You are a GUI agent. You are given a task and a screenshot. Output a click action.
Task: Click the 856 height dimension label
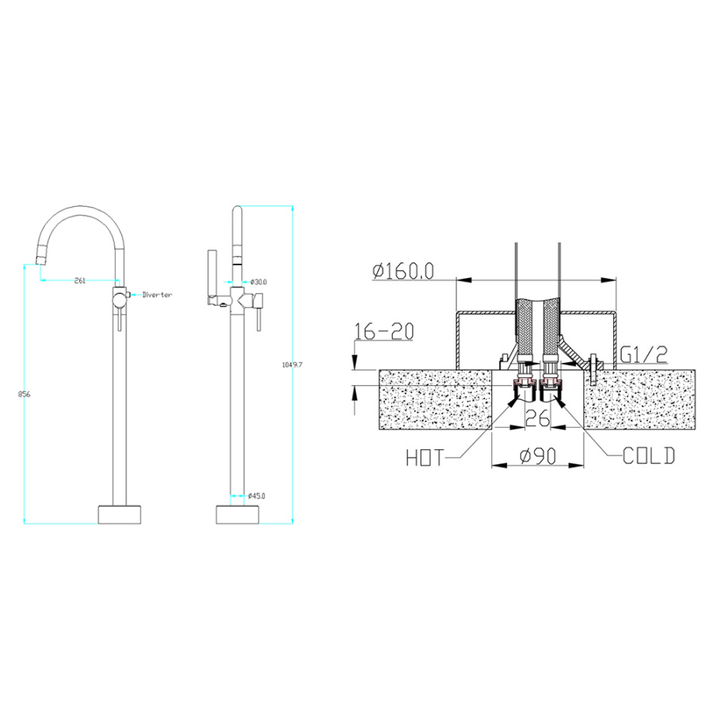(24, 395)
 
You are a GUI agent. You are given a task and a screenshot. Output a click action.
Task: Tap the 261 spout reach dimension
(79, 280)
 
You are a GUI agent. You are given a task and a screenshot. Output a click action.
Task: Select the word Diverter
(158, 295)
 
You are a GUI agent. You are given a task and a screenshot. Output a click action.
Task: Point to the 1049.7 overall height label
(292, 364)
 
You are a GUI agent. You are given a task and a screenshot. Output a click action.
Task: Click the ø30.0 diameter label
(258, 282)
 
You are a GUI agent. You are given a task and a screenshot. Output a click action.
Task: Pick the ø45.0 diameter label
(257, 496)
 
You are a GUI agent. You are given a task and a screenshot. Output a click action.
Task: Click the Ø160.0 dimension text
(403, 272)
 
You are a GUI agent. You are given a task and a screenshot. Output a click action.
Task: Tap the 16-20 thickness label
(384, 331)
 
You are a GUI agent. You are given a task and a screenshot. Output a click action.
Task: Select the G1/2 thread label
(644, 354)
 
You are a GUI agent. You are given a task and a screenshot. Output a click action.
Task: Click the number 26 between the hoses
(537, 418)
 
